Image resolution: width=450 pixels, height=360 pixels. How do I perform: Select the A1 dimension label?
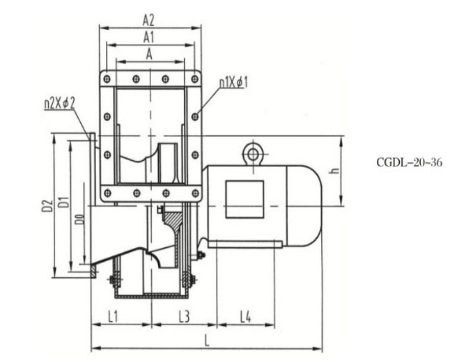[148, 36]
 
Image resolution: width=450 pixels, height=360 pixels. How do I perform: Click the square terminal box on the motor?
[245, 198]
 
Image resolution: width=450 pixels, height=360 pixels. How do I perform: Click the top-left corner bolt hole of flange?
[107, 78]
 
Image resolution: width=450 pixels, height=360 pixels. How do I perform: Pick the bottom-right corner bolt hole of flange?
[194, 193]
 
